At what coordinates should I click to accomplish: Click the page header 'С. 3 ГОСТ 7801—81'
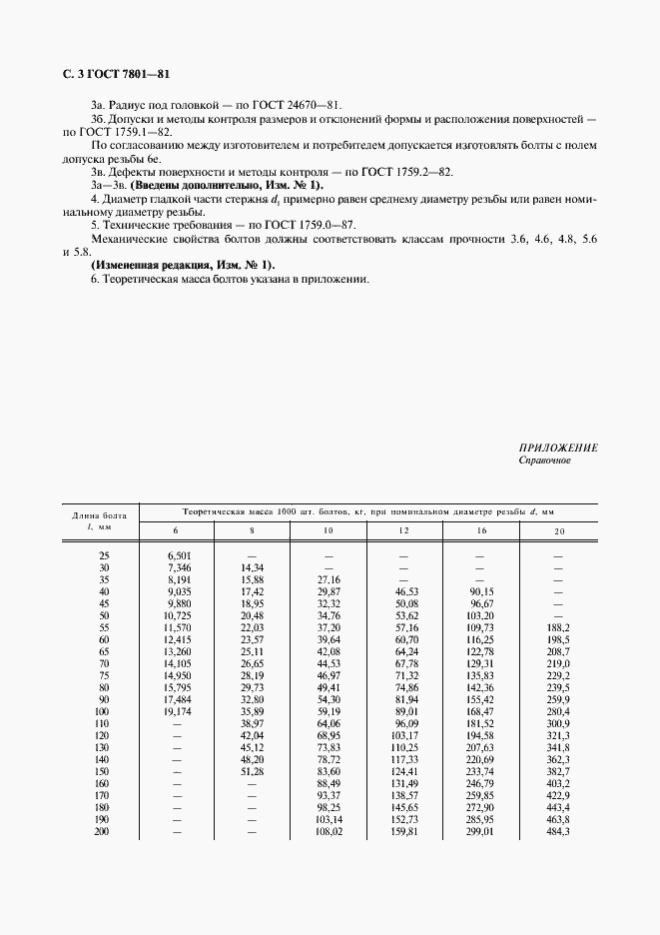click(111, 74)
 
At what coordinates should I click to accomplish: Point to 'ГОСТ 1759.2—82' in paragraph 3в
click(407, 172)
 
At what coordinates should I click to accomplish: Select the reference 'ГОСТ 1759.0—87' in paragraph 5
click(326, 226)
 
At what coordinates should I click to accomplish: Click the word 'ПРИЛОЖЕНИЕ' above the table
click(558, 449)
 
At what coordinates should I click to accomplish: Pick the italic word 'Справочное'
click(544, 461)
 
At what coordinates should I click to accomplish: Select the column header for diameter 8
click(252, 530)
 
